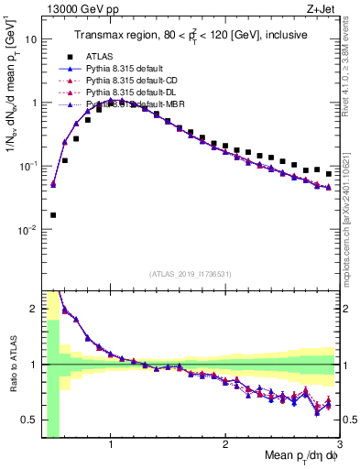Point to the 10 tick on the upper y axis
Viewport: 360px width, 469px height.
tap(31, 39)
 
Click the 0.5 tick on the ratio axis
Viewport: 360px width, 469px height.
tap(28, 420)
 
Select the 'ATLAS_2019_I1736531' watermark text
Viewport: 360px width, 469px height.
tap(190, 273)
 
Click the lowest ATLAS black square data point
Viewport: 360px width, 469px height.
tap(52, 215)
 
